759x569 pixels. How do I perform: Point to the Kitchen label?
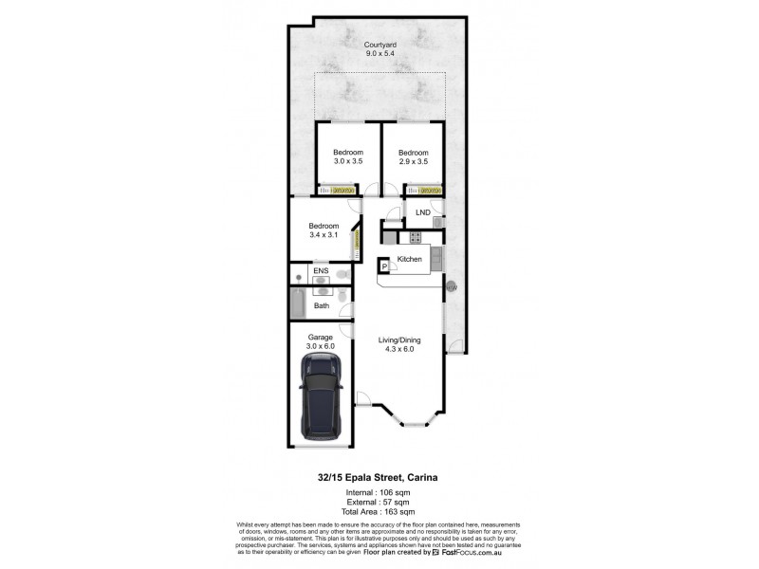pyautogui.click(x=409, y=259)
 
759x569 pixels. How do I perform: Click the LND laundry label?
pyautogui.click(x=422, y=212)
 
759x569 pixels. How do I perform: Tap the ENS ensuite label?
pyautogui.click(x=322, y=271)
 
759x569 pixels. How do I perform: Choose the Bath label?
pyautogui.click(x=322, y=305)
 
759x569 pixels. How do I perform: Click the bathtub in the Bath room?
pyautogui.click(x=297, y=304)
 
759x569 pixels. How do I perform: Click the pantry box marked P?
pyautogui.click(x=384, y=268)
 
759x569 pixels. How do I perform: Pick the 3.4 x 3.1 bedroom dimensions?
pyautogui.click(x=324, y=235)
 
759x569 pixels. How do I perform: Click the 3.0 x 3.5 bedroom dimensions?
pyautogui.click(x=347, y=162)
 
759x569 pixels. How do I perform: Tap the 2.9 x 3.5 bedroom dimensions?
pyautogui.click(x=413, y=162)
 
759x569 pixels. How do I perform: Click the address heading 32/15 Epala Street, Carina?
pyautogui.click(x=379, y=478)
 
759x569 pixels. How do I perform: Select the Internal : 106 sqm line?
pyautogui.click(x=379, y=493)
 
